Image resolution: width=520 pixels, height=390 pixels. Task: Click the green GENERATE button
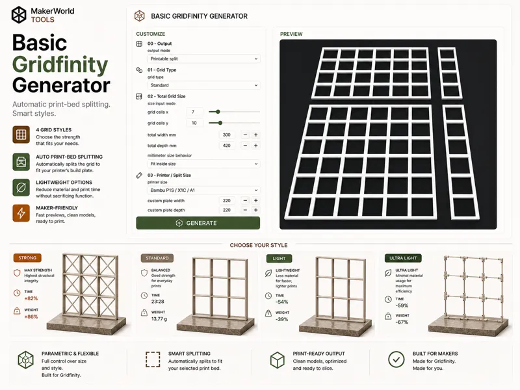(198, 223)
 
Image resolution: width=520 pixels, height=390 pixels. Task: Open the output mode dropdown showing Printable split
(203, 58)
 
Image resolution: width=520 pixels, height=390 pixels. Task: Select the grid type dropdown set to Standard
(203, 85)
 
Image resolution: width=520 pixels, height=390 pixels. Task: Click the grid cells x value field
(194, 112)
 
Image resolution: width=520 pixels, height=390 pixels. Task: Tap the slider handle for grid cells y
(220, 123)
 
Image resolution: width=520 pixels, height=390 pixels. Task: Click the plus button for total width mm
(255, 135)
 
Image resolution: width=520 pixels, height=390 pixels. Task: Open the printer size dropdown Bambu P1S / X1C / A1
(203, 190)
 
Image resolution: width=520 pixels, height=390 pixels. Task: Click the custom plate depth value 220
(227, 210)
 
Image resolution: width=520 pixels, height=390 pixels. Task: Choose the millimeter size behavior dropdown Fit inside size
(203, 164)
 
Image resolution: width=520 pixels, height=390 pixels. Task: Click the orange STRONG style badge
(27, 257)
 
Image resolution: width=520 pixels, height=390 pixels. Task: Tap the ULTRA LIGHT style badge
(403, 258)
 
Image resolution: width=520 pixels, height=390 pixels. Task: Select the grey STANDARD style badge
(157, 258)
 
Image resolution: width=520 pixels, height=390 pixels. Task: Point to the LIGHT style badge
(279, 258)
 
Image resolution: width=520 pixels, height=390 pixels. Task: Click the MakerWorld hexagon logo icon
(19, 14)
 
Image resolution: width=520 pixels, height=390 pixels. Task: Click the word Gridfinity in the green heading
(60, 64)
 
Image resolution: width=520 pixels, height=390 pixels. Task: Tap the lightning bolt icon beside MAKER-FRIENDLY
(21, 213)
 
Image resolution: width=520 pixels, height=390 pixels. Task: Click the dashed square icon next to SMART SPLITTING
(153, 359)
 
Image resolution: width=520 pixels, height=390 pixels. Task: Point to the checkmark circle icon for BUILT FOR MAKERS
(396, 359)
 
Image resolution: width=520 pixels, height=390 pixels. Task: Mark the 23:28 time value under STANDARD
(158, 302)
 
